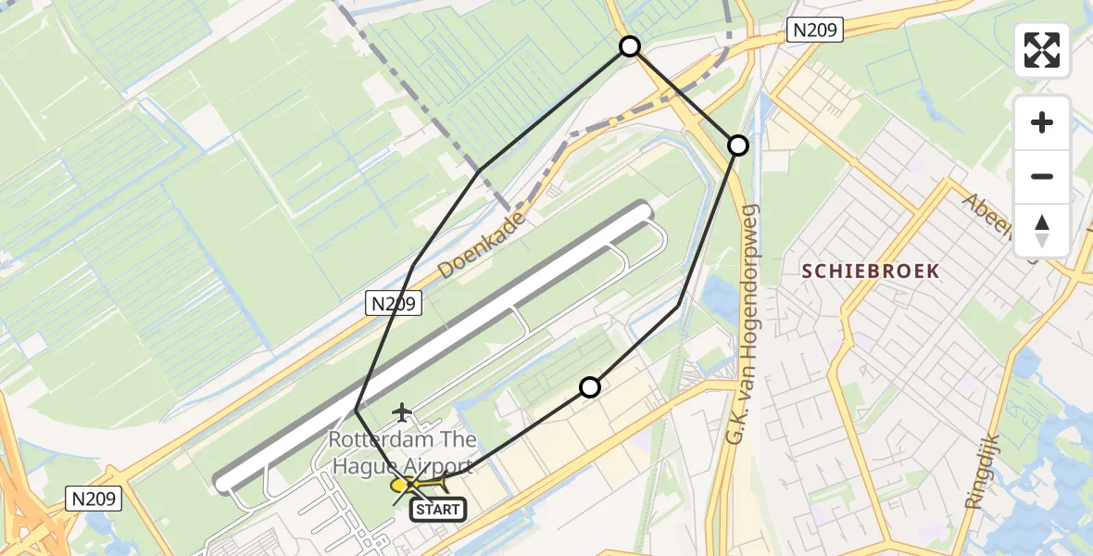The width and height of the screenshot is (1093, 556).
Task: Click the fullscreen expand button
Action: tap(1042, 50)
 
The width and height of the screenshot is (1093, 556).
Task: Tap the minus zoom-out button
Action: tap(1042, 177)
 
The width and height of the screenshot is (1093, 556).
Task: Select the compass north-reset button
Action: tap(1042, 230)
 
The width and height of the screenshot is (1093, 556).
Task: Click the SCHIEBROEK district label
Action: tap(870, 272)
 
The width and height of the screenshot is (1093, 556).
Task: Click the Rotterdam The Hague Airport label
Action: tap(402, 453)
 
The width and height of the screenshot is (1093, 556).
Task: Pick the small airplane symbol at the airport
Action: tap(402, 411)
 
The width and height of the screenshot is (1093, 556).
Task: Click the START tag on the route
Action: tap(437, 509)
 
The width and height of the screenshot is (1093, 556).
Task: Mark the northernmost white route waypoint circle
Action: tap(630, 46)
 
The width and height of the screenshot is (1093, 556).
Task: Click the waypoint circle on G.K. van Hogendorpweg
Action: tap(738, 145)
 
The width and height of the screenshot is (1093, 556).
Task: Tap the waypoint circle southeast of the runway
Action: tap(590, 387)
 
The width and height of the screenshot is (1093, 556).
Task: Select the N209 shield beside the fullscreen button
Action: tap(814, 31)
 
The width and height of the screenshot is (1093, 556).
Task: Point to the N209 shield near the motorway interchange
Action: tap(94, 499)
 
